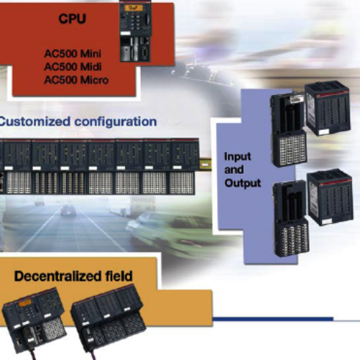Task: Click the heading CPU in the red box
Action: click(x=72, y=19)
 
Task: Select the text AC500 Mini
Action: click(x=73, y=53)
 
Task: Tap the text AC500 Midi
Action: click(x=73, y=67)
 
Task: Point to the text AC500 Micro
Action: click(x=76, y=80)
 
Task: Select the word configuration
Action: click(x=116, y=122)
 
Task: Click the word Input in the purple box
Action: click(x=237, y=157)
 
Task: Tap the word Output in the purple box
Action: click(x=242, y=183)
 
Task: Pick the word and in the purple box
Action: click(x=234, y=170)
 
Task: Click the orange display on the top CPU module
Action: click(x=133, y=8)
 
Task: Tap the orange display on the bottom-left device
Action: click(x=25, y=303)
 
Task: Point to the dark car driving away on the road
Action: click(x=68, y=211)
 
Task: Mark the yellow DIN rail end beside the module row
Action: click(x=206, y=164)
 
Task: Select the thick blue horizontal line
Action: click(x=273, y=319)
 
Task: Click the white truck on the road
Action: click(x=135, y=206)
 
